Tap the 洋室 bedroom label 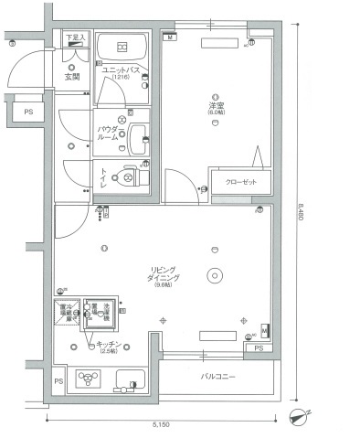point(215,108)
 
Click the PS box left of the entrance point(17,111)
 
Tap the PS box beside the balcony point(259,348)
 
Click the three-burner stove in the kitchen point(89,379)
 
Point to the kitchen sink point(128,379)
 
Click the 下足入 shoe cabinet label point(76,37)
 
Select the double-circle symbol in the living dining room point(215,273)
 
